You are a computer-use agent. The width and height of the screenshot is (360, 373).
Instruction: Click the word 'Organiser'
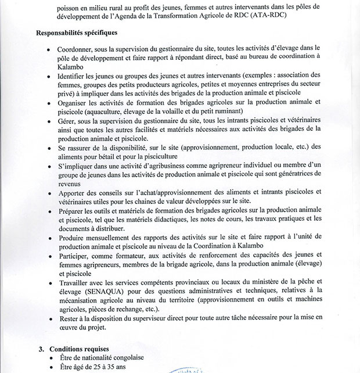[75, 102]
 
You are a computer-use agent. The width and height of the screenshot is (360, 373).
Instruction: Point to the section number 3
[41, 349]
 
